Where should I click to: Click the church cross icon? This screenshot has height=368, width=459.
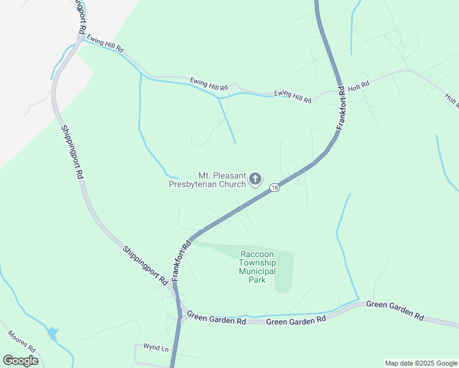pyautogui.click(x=255, y=179)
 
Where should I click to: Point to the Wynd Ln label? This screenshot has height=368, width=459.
pyautogui.click(x=156, y=348)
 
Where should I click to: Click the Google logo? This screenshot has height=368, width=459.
pyautogui.click(x=21, y=360)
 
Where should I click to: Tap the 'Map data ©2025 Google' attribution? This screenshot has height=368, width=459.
pyautogui.click(x=420, y=363)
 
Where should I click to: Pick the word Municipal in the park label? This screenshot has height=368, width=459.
pyautogui.click(x=258, y=271)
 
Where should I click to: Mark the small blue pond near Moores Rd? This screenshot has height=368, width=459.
pyautogui.click(x=53, y=334)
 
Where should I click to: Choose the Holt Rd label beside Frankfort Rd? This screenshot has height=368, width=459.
pyautogui.click(x=358, y=86)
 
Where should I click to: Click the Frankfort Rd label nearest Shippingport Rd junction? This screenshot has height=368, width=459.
pyautogui.click(x=182, y=260)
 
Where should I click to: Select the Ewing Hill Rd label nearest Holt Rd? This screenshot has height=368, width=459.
pyautogui.click(x=293, y=96)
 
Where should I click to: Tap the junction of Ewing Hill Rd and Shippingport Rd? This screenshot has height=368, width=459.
pyautogui.click(x=80, y=38)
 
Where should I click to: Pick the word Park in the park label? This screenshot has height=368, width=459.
pyautogui.click(x=257, y=280)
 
